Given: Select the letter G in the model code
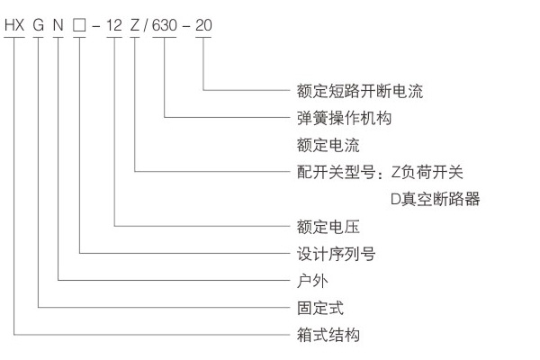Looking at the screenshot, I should (39, 26).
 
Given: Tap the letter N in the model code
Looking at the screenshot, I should (58, 26).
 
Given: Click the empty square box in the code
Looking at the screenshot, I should (80, 26).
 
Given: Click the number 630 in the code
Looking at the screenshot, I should (166, 26).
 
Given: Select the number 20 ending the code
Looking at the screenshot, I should (204, 26).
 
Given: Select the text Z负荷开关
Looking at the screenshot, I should (427, 171).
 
